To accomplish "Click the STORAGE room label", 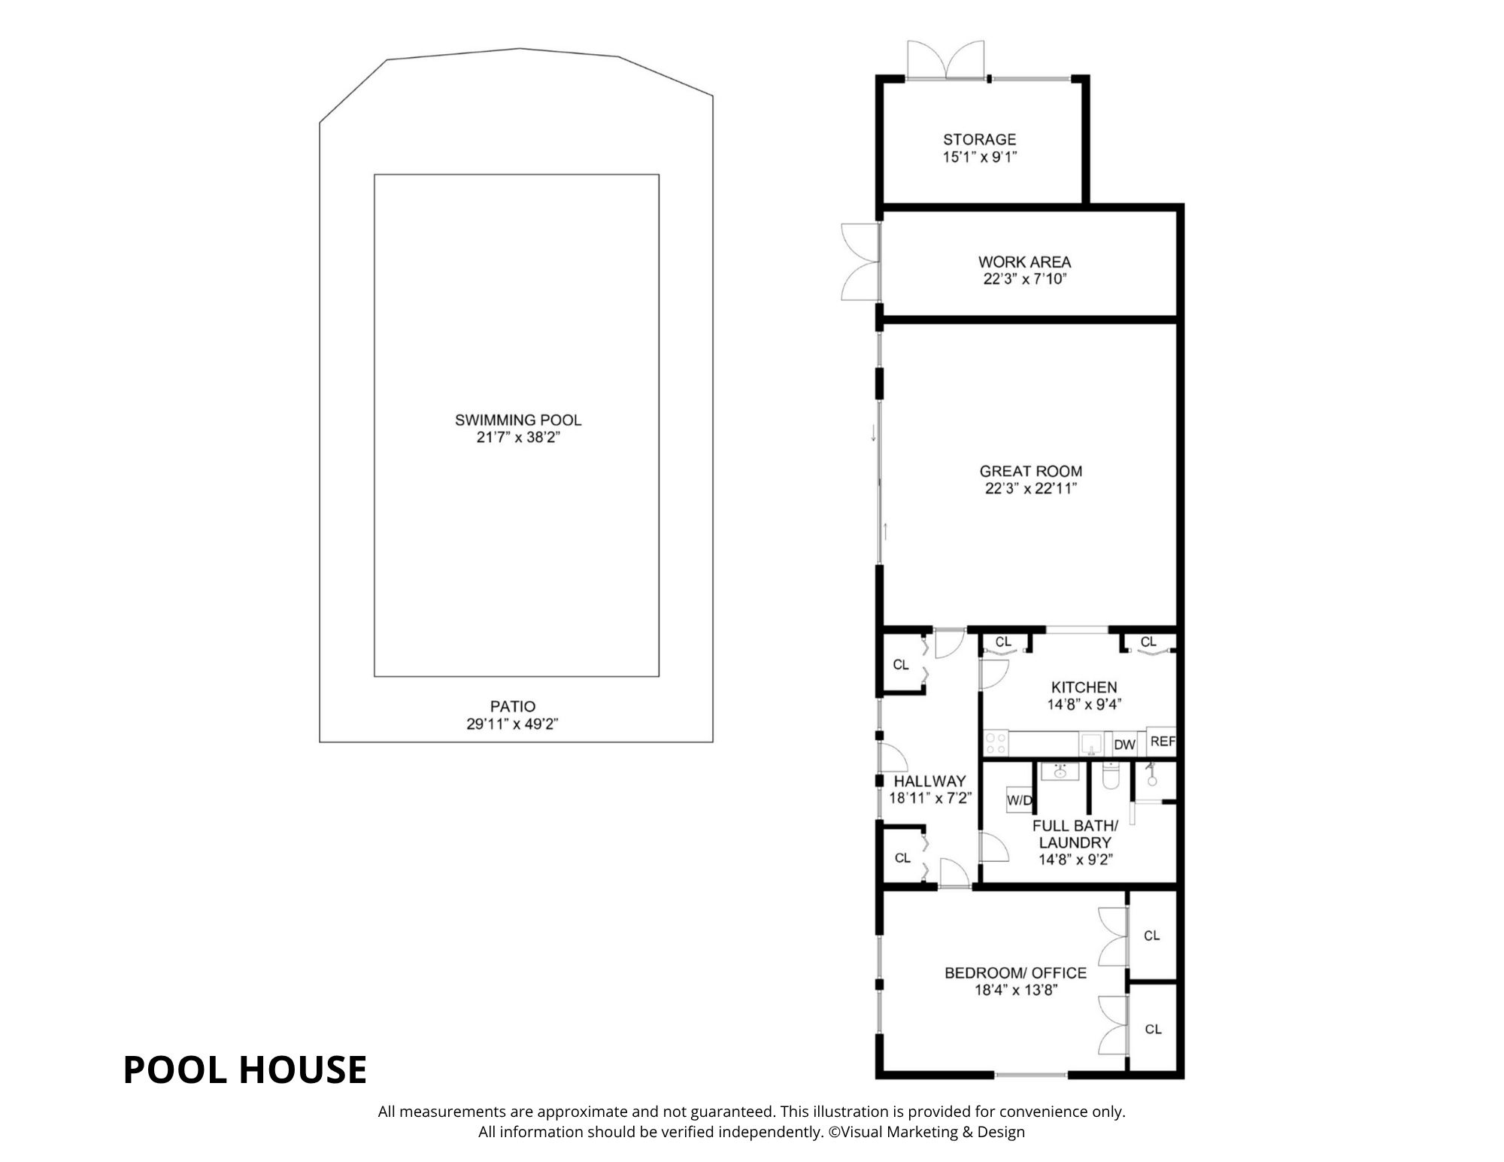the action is point(979,139).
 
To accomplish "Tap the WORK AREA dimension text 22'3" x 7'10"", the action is point(1024,280).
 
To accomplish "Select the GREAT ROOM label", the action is point(1031,472).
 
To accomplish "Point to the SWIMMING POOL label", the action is point(518,420).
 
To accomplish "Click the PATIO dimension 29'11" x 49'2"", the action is point(513,724).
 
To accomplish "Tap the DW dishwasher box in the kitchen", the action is point(1125,745).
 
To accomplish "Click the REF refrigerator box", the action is point(1162,742).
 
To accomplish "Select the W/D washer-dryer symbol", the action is point(1020,800).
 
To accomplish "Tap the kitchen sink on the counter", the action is point(1090,744).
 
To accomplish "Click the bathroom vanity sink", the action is point(1060,772).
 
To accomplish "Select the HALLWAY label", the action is point(929,781).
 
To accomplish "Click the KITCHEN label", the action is point(1084,687).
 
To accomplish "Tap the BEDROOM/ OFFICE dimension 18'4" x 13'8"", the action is point(1017,991).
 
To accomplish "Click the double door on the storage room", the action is point(946,59).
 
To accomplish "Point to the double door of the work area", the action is point(860,262).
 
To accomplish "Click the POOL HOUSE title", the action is point(245,1069).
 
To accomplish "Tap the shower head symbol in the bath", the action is point(1151,775).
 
